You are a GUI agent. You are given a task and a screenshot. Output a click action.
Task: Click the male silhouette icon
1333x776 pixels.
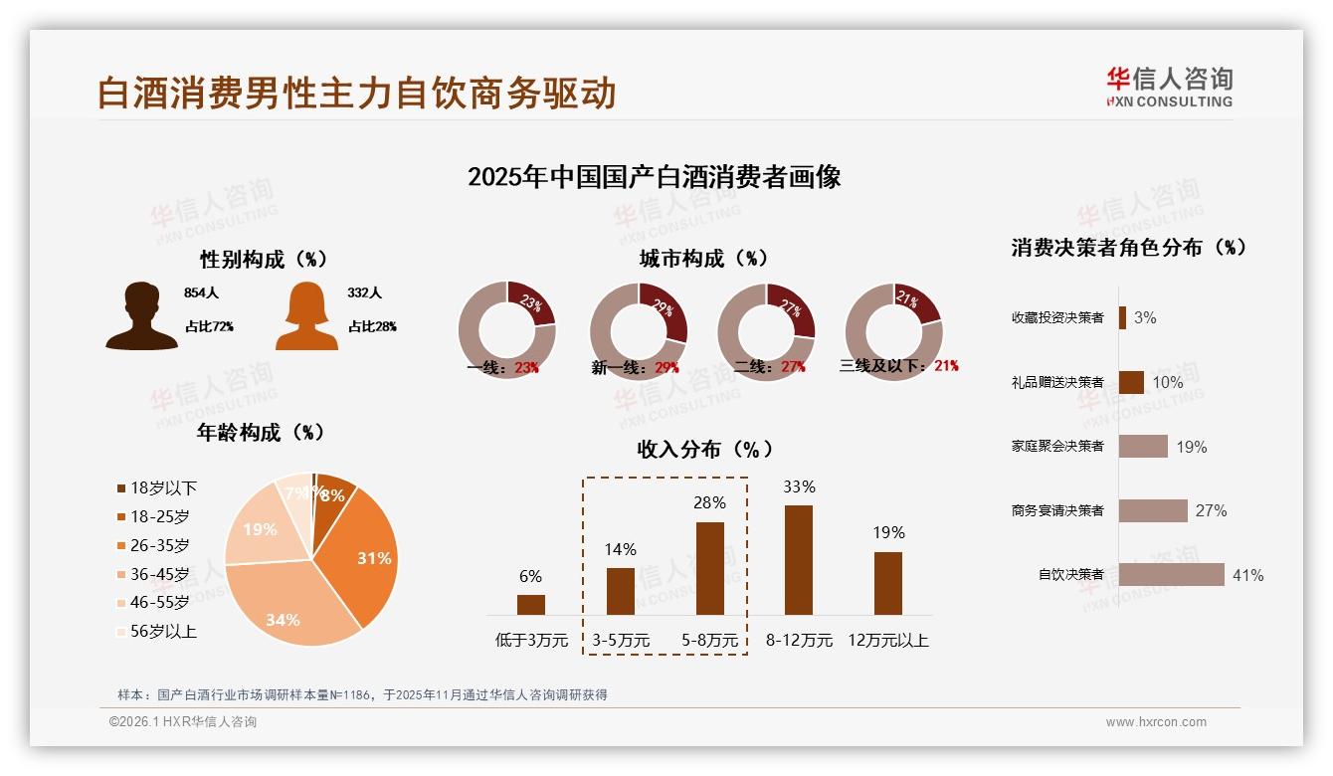click(141, 316)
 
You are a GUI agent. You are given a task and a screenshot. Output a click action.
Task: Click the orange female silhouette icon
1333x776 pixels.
click(306, 316)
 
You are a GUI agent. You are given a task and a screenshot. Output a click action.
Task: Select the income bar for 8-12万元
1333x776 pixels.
click(799, 560)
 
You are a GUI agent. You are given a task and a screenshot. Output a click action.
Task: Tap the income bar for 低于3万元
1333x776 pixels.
click(531, 605)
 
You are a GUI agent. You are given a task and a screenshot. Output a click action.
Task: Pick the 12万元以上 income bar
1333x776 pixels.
click(888, 584)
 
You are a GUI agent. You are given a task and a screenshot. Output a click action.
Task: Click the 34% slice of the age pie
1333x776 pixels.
click(288, 607)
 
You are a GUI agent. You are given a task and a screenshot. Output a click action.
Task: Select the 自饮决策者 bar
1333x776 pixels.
click(1171, 575)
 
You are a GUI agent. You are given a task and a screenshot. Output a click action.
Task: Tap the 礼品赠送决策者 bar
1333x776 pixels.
click(1131, 382)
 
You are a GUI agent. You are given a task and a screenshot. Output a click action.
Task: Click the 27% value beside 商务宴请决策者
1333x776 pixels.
click(1211, 510)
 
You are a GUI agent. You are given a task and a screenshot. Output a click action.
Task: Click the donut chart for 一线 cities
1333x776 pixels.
click(507, 331)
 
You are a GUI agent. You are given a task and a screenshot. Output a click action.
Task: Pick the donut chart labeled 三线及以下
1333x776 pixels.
click(893, 331)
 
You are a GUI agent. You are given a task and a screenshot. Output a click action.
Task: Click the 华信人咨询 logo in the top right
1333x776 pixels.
click(1169, 87)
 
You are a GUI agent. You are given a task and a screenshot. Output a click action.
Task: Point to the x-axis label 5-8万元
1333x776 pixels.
click(710, 640)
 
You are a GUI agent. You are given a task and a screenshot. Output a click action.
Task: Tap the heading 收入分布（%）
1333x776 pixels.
click(704, 449)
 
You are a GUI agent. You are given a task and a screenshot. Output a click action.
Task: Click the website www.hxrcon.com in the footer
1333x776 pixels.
click(1156, 722)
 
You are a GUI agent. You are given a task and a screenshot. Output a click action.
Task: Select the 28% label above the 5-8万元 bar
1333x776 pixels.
click(710, 503)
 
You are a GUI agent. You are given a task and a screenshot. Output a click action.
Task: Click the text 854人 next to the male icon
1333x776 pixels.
click(201, 293)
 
